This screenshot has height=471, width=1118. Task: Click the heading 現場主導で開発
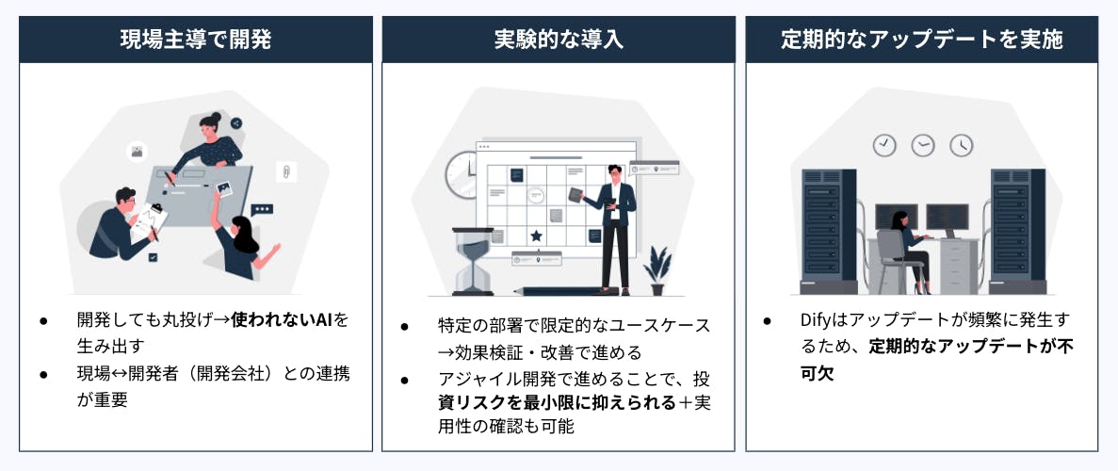pyautogui.click(x=195, y=40)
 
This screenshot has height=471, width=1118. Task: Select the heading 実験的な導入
pyautogui.click(x=559, y=40)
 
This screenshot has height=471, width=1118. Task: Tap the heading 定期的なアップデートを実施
pyautogui.click(x=921, y=40)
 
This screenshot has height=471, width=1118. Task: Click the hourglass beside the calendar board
pyautogui.click(x=473, y=261)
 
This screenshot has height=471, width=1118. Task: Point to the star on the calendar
pyautogui.click(x=536, y=235)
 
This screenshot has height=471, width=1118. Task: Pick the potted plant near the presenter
pyautogui.click(x=656, y=271)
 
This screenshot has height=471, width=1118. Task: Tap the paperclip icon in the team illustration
pyautogui.click(x=286, y=172)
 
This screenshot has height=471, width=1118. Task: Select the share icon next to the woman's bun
pyautogui.click(x=236, y=122)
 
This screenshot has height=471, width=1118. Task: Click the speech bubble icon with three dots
pyautogui.click(x=262, y=210)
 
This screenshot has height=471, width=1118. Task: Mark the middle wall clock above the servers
pyautogui.click(x=923, y=146)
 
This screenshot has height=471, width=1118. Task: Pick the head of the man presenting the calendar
pyautogui.click(x=615, y=172)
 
